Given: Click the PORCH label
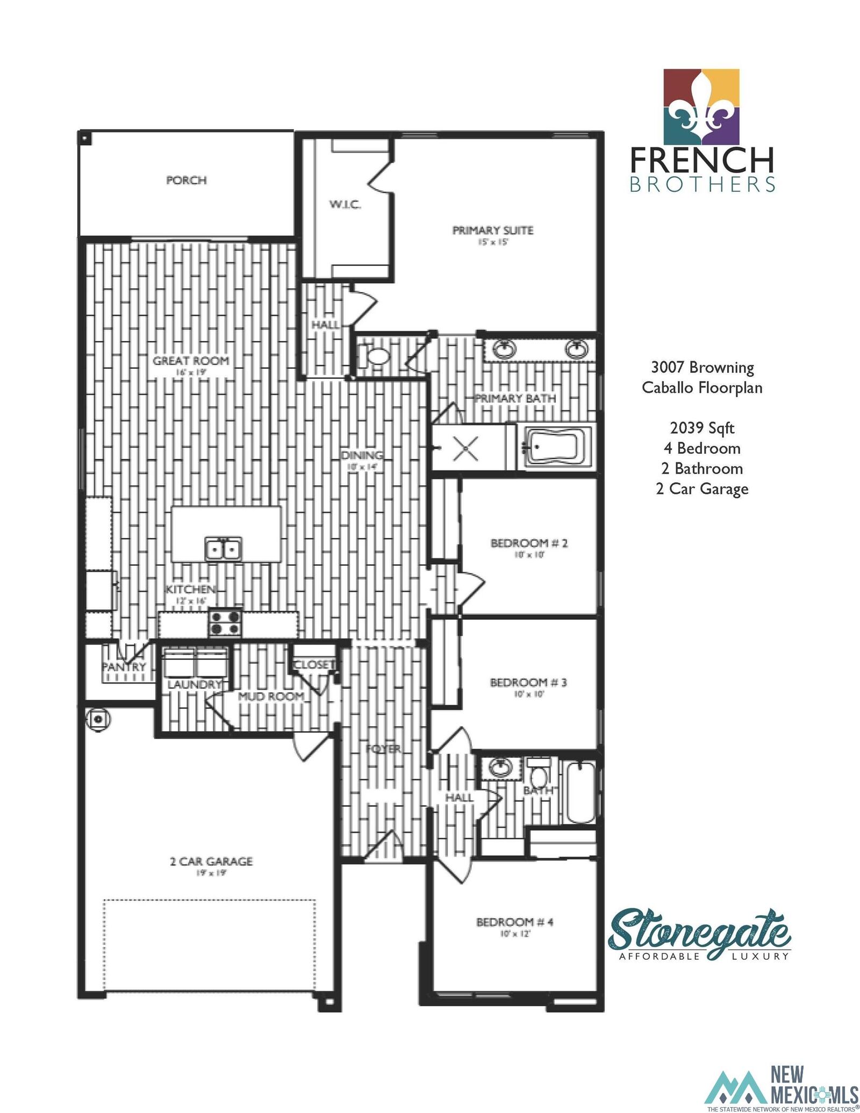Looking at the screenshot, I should point(186,180).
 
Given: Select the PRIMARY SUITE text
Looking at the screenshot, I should point(492,231).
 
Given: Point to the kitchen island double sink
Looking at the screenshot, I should point(223,549).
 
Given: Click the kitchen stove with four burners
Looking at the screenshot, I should point(226,622).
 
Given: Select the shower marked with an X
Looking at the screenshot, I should point(465,448).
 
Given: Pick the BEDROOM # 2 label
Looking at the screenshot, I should point(529,543).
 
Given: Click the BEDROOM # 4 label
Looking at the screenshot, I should point(515,922).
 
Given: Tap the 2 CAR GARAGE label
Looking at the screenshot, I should point(211,861).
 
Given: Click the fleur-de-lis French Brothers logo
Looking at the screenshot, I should point(701,106).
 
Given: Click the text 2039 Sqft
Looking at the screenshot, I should point(702,428).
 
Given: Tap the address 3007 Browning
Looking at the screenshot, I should point(702,368).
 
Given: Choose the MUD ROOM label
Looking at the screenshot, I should point(271,696).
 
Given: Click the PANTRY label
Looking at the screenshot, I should point(124,667).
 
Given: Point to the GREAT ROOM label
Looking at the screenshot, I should point(191,361).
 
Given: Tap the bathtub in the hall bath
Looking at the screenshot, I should point(580,793).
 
